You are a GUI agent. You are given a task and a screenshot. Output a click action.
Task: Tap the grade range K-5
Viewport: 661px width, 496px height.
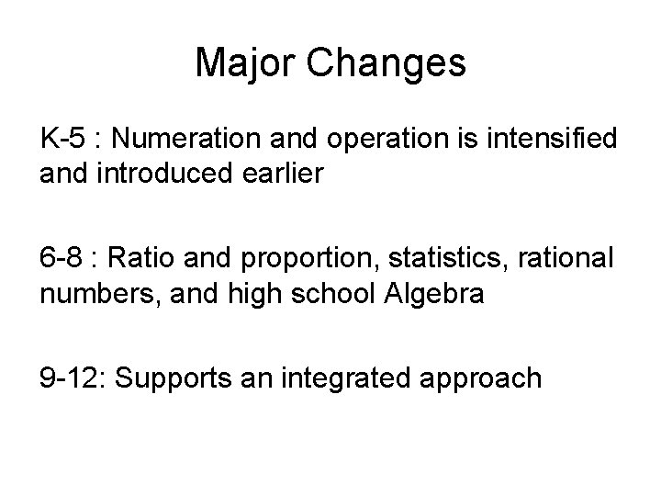tap(62, 141)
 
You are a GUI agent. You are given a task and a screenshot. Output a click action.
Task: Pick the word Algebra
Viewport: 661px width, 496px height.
tap(427, 294)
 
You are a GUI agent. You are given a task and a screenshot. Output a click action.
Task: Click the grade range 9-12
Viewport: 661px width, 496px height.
tap(71, 378)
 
